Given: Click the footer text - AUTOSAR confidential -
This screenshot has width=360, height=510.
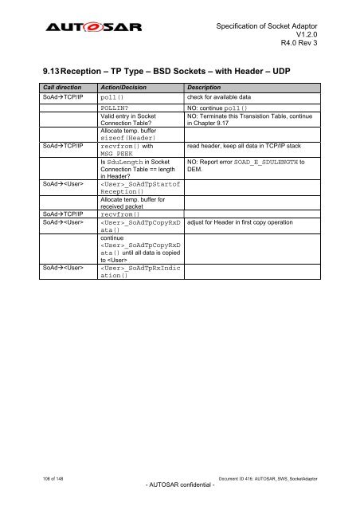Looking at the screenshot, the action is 179,485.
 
